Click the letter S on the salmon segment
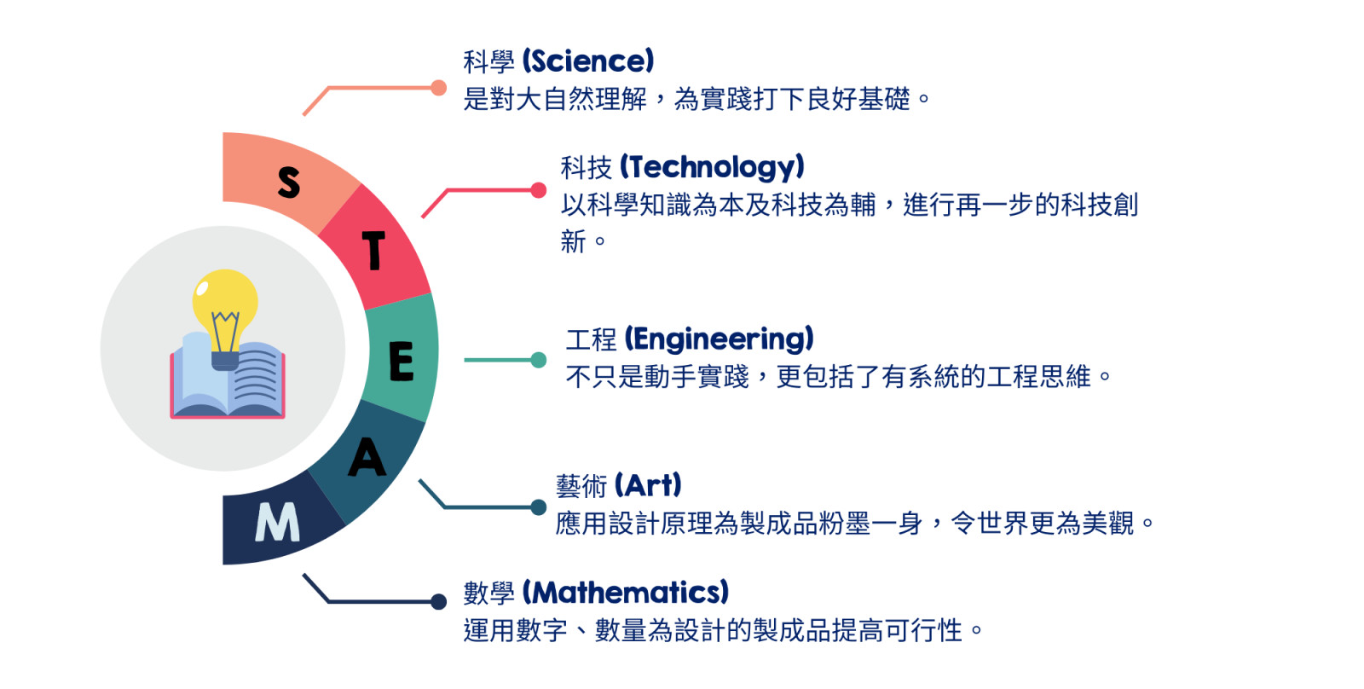pos(289,182)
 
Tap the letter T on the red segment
pos(374,250)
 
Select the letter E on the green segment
pos(402,362)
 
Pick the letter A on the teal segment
pos(367,457)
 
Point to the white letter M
pos(278,522)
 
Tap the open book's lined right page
pos(256,378)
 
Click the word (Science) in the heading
pos(588,61)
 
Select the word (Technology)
pos(712,167)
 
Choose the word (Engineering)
pos(720,339)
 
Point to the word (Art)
pos(648,485)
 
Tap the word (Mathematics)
pos(626,592)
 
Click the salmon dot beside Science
pos(438,88)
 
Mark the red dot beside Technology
pos(538,190)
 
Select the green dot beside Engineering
pos(538,360)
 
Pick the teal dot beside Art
pos(538,507)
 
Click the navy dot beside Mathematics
pos(438,602)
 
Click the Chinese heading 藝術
pos(581,486)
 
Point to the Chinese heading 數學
pos(489,593)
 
